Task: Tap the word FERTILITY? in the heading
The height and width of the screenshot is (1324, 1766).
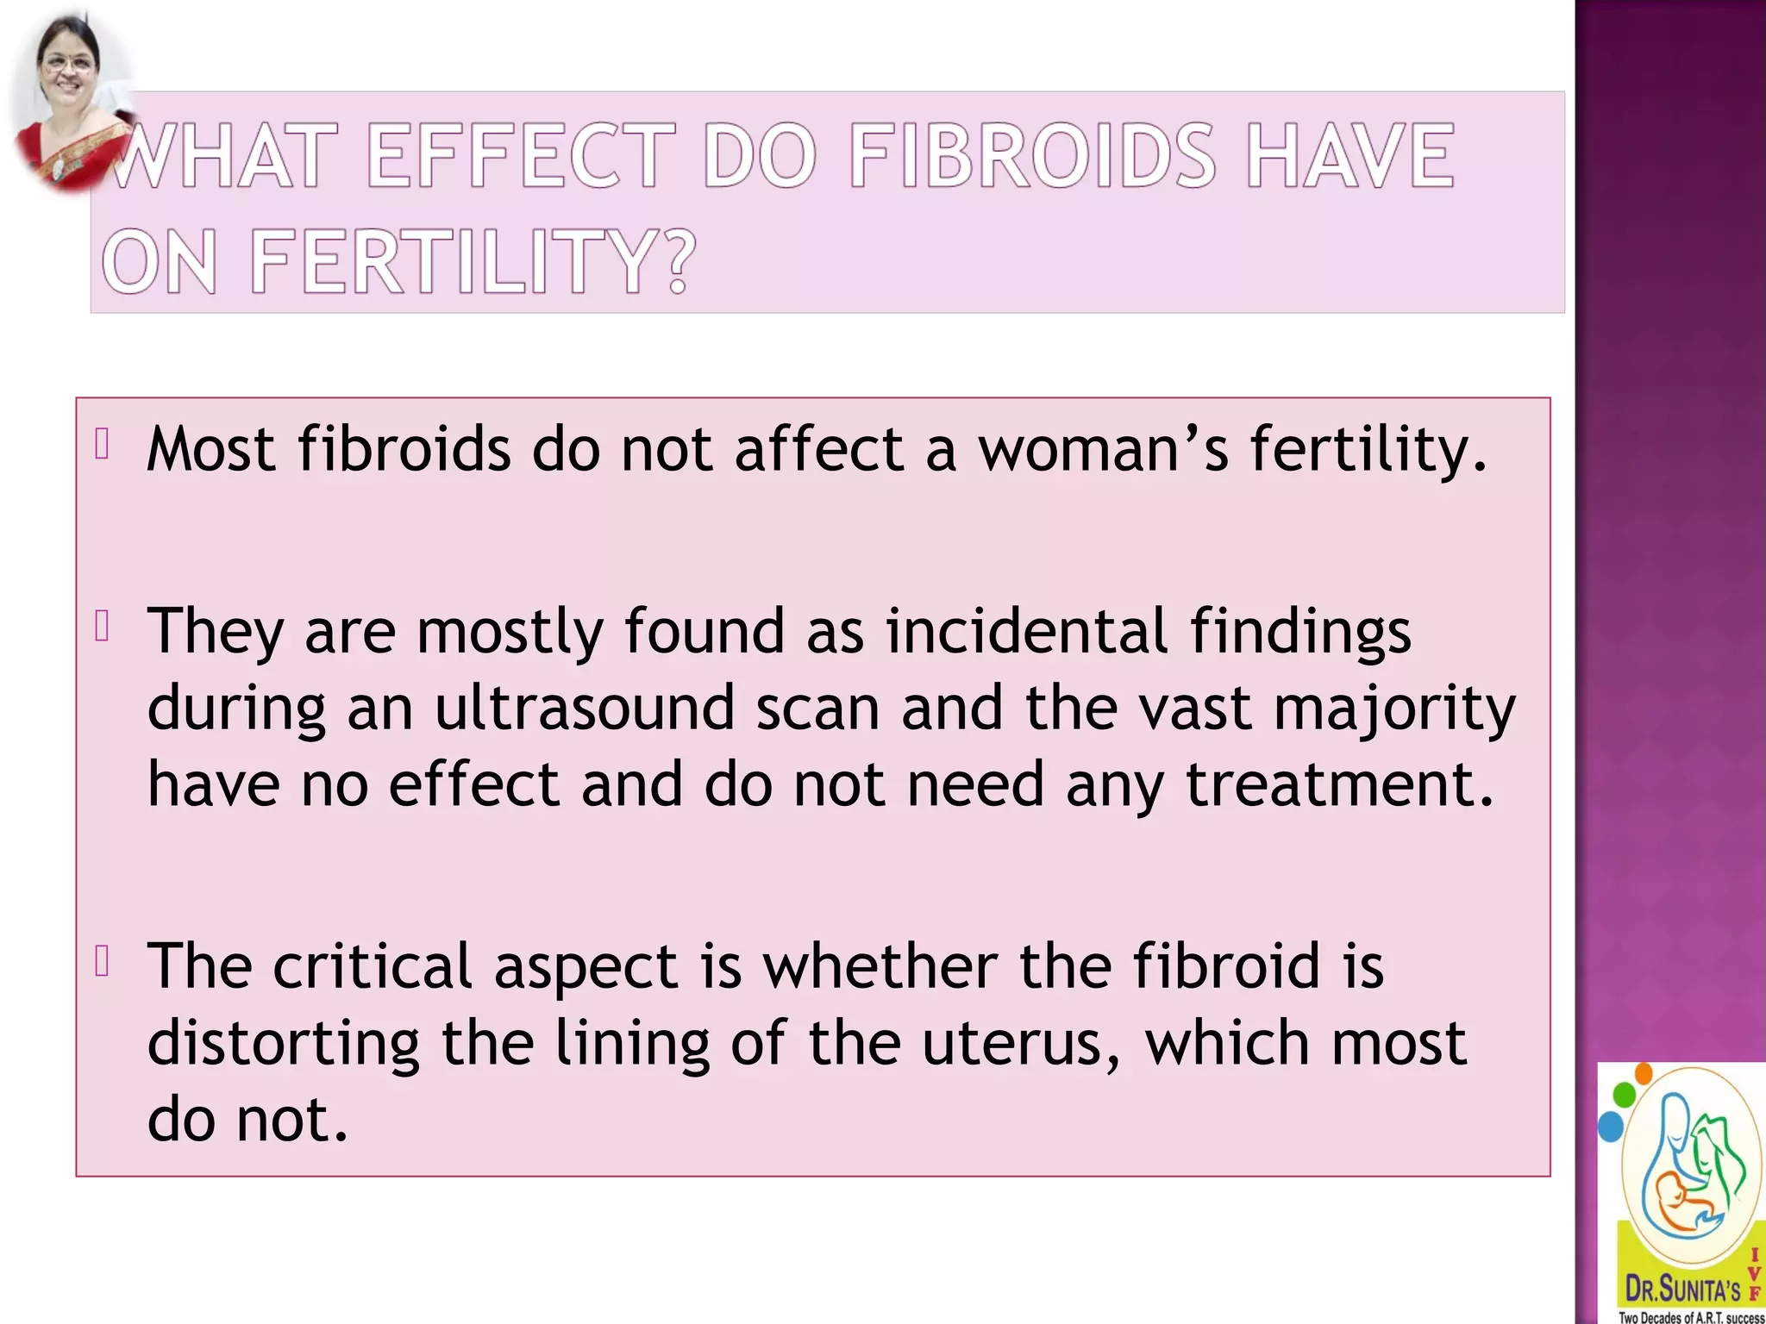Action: (472, 261)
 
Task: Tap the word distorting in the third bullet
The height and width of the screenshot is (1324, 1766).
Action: (284, 1042)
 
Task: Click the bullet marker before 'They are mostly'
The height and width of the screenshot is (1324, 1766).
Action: (102, 626)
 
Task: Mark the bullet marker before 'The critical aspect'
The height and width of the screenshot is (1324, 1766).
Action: (102, 961)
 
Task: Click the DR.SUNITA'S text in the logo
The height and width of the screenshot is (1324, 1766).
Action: (1682, 1290)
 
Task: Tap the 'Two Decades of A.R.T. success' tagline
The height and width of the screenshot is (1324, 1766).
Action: (1691, 1317)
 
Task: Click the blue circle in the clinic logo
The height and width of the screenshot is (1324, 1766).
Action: (1610, 1126)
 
